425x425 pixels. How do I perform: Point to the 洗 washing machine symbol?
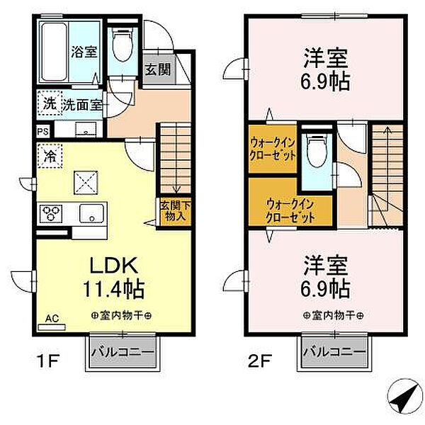pyautogui.click(x=48, y=103)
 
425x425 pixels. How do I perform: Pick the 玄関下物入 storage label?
pyautogui.click(x=172, y=211)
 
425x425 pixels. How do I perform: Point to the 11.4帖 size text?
pyautogui.click(x=116, y=289)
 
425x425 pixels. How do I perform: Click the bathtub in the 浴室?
pyautogui.click(x=54, y=51)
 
